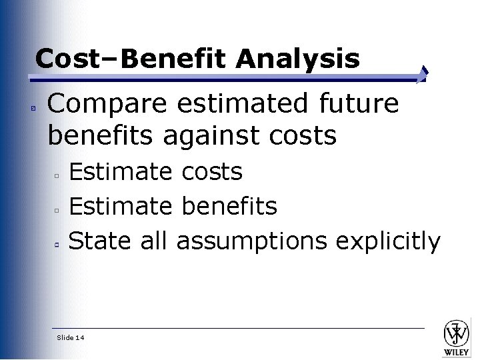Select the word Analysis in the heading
point(297,59)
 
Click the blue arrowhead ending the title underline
point(424,74)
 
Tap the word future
point(359,104)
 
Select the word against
point(213,135)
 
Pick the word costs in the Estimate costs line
point(211,173)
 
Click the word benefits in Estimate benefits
point(229,207)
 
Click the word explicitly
point(388,242)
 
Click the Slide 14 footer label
point(71,338)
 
